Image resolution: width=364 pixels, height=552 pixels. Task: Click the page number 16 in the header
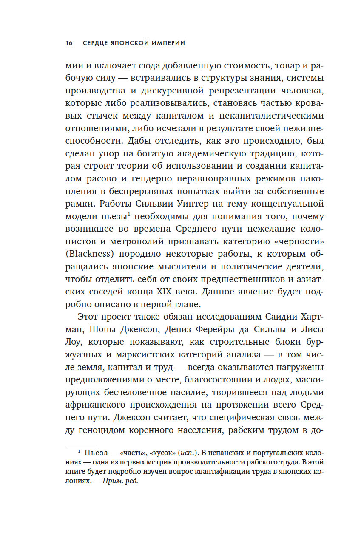pyautogui.click(x=69, y=43)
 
